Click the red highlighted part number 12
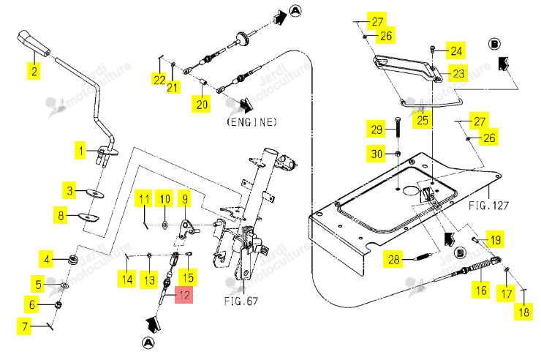point(184,295)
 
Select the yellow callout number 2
point(34,71)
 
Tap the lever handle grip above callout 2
point(34,42)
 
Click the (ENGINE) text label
point(252,122)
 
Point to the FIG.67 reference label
point(241,301)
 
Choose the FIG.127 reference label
point(488,206)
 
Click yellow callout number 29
point(376,129)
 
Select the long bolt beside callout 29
point(398,127)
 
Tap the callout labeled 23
point(458,73)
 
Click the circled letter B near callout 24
point(494,44)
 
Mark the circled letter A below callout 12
point(148,342)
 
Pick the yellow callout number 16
point(481,290)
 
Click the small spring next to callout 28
point(423,257)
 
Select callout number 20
point(202,104)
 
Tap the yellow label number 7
point(25,326)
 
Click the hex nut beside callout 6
point(58,305)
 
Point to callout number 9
point(185,198)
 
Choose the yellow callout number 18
point(523,312)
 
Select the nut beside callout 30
point(398,153)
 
